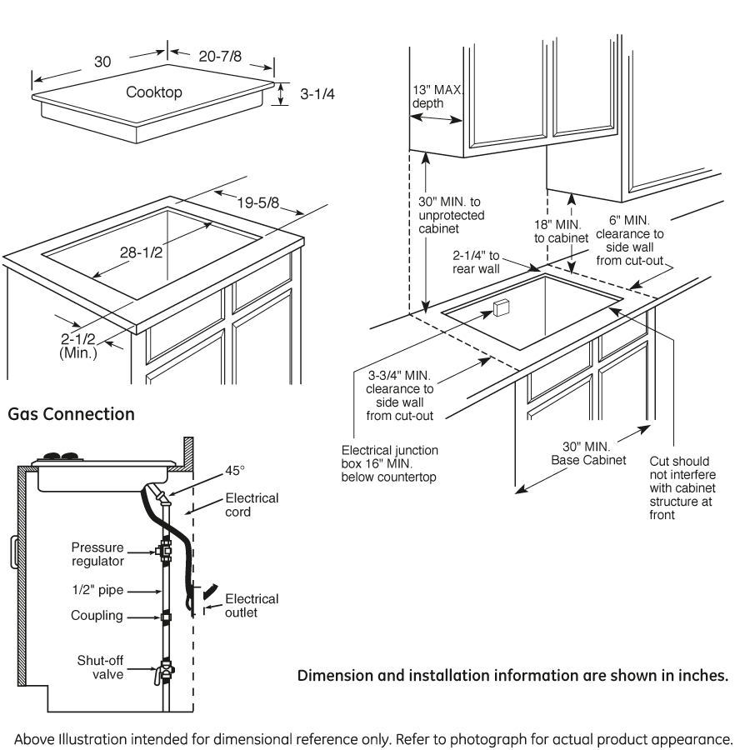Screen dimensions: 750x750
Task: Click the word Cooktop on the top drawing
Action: point(154,92)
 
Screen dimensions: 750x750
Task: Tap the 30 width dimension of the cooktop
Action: point(102,62)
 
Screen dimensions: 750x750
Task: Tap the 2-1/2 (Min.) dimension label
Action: point(78,346)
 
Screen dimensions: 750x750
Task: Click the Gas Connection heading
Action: point(71,413)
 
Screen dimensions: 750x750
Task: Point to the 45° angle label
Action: point(236,471)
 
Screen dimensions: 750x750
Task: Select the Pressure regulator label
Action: point(97,554)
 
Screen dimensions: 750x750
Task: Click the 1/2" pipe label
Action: point(97,591)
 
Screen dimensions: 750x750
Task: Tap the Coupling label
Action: point(97,617)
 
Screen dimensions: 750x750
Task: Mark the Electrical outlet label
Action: point(252,606)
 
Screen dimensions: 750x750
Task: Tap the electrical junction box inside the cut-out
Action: point(500,308)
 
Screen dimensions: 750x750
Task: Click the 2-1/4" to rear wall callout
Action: point(476,262)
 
